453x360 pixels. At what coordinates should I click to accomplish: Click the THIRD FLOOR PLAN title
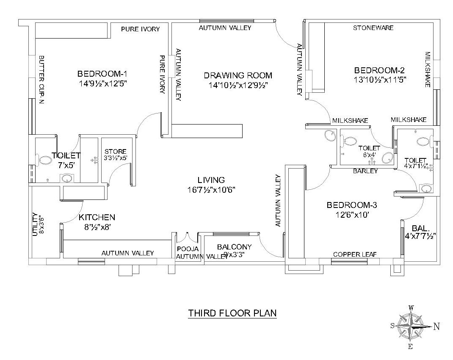pos(232,313)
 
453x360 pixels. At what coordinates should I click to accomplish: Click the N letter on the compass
pos(436,326)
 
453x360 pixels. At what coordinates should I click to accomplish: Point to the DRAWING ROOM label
pos(238,75)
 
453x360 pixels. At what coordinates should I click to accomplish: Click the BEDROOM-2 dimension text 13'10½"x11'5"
pos(380,79)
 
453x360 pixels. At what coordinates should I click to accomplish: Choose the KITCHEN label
pos(97,218)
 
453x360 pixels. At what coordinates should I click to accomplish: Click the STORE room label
pos(116,151)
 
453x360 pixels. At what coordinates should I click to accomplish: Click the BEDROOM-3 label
pos(352,205)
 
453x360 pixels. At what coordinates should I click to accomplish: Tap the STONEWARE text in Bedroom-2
pos(373,28)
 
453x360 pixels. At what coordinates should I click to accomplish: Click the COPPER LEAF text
pos(355,255)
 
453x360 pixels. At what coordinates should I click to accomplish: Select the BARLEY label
pos(365,171)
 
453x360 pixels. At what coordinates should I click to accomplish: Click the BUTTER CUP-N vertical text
pos(41,80)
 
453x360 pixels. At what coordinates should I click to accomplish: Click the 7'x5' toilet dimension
pos(66,165)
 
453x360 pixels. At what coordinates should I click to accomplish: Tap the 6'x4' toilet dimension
pos(366,155)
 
